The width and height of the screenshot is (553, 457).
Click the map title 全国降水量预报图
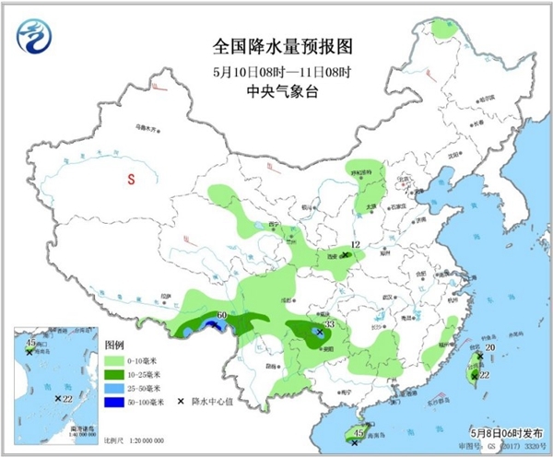click(276, 44)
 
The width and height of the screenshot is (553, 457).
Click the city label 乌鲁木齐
click(148, 127)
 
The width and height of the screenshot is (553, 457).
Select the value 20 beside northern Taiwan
click(489, 347)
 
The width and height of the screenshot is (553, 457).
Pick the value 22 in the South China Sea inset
click(67, 398)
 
